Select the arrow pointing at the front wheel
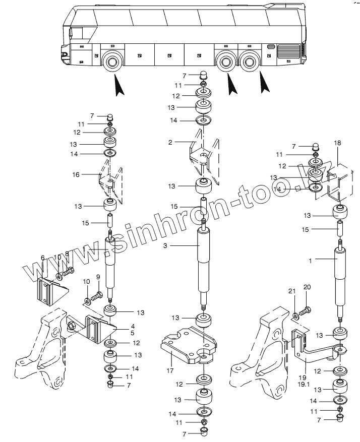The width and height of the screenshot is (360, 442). pos(118,85)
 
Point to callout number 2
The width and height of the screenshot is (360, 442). pos(170,143)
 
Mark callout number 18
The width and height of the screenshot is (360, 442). pos(337,144)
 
